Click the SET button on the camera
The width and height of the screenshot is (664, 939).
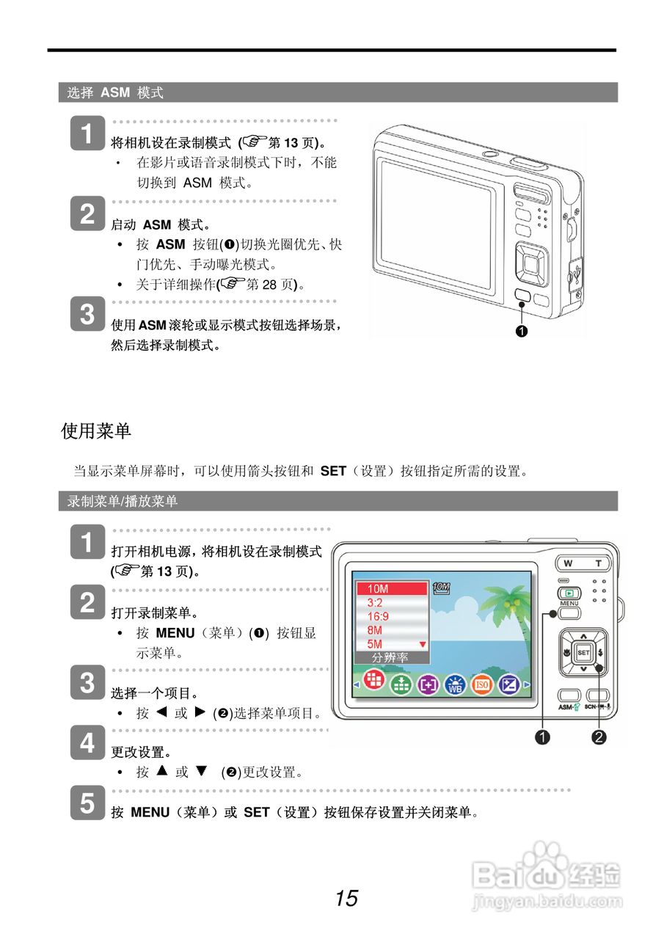pos(583,653)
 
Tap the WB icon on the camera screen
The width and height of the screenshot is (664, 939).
pos(455,685)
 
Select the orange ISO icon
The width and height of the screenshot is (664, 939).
pos(481,684)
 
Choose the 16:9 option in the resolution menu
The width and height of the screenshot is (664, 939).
pos(378,616)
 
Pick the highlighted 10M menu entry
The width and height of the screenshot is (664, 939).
pos(392,588)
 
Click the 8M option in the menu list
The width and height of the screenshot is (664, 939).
pos(374,630)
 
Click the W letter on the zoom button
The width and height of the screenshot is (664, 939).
pos(568,563)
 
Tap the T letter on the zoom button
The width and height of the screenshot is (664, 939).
pos(599,563)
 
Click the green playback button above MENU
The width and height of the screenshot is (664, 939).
pos(569,593)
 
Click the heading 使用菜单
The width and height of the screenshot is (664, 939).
pos(96,431)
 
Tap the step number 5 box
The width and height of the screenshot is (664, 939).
pos(87,803)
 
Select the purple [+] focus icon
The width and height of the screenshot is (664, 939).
pos(428,685)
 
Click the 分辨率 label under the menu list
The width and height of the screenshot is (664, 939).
pos(390,658)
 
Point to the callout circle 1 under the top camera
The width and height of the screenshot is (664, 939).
pos(522,331)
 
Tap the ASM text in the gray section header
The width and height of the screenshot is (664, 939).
pos(115,92)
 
